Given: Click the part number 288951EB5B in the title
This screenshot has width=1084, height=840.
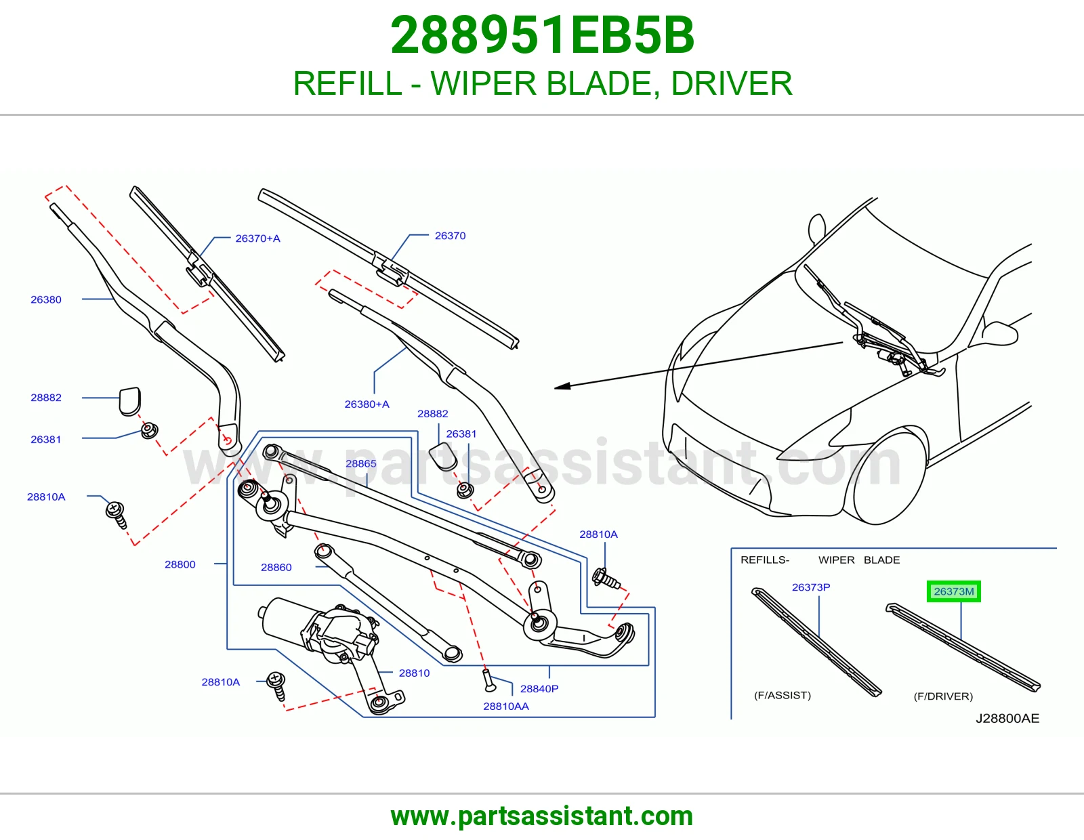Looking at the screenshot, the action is (542, 35).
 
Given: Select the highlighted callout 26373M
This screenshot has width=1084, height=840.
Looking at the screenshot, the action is (953, 591).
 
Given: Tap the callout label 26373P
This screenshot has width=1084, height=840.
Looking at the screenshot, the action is (811, 587).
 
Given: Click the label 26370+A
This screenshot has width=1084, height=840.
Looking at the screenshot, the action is (257, 238).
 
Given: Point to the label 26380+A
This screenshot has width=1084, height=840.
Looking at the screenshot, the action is (367, 404).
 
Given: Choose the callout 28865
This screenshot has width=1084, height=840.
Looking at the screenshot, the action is (360, 463).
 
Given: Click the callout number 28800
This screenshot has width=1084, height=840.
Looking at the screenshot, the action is (180, 564).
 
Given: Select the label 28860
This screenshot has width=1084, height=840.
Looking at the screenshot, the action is (276, 567).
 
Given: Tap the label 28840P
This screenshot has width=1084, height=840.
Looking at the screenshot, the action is (539, 688).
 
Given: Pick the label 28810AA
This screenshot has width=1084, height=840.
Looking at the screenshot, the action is (506, 706).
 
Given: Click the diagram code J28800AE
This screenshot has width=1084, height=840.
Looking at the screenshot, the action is (1007, 718).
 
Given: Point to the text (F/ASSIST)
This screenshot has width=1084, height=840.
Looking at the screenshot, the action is (783, 695).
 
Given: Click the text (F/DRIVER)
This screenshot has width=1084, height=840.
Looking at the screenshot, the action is (943, 696).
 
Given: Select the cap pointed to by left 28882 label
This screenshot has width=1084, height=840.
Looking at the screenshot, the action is (129, 401).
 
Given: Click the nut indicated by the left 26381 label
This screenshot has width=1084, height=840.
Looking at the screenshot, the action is (150, 430).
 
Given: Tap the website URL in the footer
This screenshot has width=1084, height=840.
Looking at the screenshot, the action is (542, 816).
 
